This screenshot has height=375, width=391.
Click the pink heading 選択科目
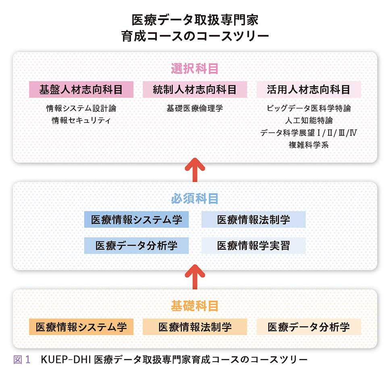pos(195,69)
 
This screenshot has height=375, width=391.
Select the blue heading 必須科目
pos(195,198)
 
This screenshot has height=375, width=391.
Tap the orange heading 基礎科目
pos(195,306)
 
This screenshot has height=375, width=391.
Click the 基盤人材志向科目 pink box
pos(81,90)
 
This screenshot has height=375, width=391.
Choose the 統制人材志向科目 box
pos(195,90)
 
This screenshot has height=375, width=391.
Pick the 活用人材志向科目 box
pos(309,90)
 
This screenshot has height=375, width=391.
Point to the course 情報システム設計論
pos(81,108)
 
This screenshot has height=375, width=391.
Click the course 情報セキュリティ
pos(81,121)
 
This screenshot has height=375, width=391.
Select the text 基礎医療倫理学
pos(195,108)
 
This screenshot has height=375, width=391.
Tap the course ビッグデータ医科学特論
pos(309,108)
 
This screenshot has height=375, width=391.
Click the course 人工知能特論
pos(309,121)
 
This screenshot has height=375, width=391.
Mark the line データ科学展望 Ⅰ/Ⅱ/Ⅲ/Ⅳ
pos(309,133)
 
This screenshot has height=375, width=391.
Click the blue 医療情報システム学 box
pos(136,220)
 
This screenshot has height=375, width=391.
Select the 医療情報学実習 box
pos(254,246)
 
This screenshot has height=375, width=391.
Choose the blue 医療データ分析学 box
pos(136,246)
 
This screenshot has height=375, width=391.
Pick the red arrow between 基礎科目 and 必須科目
pos(195,277)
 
